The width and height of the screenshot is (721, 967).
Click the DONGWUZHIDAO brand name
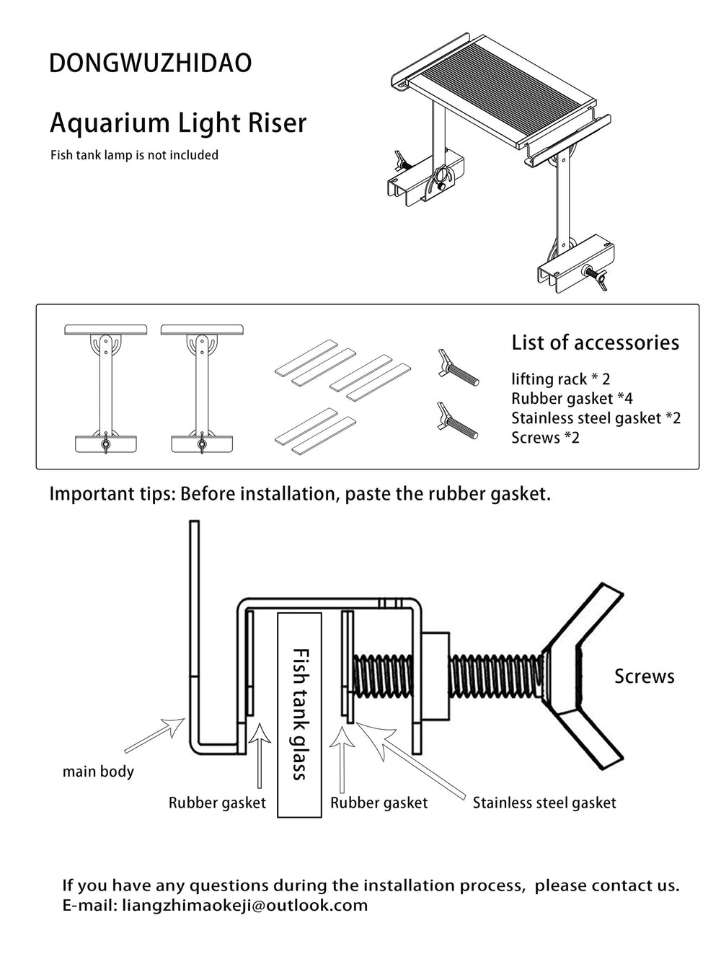[150, 63]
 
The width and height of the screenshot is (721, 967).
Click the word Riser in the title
[277, 123]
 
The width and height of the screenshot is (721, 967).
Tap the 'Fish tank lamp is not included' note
[134, 155]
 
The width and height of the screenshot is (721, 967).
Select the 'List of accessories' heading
[595, 343]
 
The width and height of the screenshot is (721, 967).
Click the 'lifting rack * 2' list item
[561, 379]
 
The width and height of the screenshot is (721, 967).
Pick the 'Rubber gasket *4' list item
[572, 399]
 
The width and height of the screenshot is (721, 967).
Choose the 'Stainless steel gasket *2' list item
[596, 418]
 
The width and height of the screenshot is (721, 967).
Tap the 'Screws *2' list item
[545, 438]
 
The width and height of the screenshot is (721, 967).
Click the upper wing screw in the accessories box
[458, 368]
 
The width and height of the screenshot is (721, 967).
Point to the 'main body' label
[98, 772]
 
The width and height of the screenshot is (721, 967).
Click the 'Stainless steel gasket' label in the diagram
[544, 803]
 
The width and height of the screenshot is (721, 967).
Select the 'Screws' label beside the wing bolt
[645, 676]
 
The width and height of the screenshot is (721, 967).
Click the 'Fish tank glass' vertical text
[300, 715]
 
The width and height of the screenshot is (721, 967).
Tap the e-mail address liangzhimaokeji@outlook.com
[245, 906]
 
